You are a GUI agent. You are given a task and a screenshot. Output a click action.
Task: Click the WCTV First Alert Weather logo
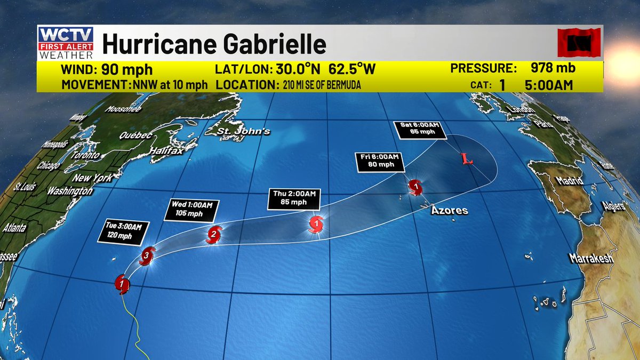pyautogui.click(x=66, y=42)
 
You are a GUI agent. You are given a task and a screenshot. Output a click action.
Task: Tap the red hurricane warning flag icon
pyautogui.click(x=579, y=43)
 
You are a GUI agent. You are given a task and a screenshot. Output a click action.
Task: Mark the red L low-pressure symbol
pyautogui.click(x=467, y=159)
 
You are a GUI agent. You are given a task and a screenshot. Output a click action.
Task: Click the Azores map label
pyautogui.click(x=450, y=211)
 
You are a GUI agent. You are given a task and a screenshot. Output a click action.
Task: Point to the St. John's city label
pyautogui.click(x=245, y=131)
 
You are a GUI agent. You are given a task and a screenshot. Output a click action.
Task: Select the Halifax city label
pyautogui.click(x=166, y=151)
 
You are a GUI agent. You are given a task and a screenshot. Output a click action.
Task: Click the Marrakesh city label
pyautogui.click(x=591, y=259)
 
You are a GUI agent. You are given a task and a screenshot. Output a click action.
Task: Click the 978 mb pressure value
pyautogui.click(x=553, y=69)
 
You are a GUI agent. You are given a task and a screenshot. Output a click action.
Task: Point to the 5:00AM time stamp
pyautogui.click(x=552, y=85)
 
